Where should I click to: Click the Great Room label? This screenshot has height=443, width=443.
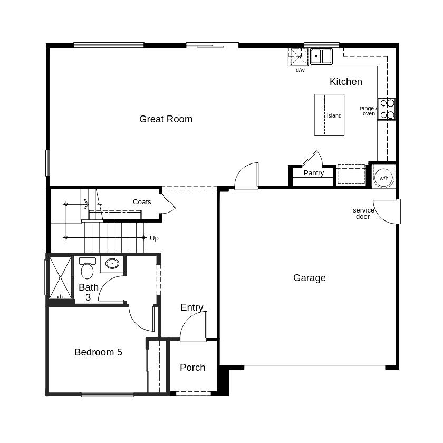166,119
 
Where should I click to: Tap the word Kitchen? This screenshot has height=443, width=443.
346,82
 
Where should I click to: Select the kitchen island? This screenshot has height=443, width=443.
329,115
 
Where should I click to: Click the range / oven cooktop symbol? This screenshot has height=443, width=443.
387,109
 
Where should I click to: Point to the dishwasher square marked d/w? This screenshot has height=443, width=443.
298,57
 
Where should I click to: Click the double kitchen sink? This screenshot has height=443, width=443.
321,56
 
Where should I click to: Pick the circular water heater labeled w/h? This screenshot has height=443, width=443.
383,178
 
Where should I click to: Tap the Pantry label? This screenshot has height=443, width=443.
314,172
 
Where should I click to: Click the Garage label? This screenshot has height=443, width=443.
310,278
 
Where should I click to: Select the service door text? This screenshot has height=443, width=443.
363,213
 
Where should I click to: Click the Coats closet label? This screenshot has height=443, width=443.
142,201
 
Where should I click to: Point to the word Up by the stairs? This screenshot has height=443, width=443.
154,238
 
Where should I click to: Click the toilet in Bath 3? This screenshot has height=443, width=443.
87,268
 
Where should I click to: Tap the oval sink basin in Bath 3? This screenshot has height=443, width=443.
112,264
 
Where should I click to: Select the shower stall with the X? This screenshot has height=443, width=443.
61,277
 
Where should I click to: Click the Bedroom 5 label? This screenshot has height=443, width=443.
98,352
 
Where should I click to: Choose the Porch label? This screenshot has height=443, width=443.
192,367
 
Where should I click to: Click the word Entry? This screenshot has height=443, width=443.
192,307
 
